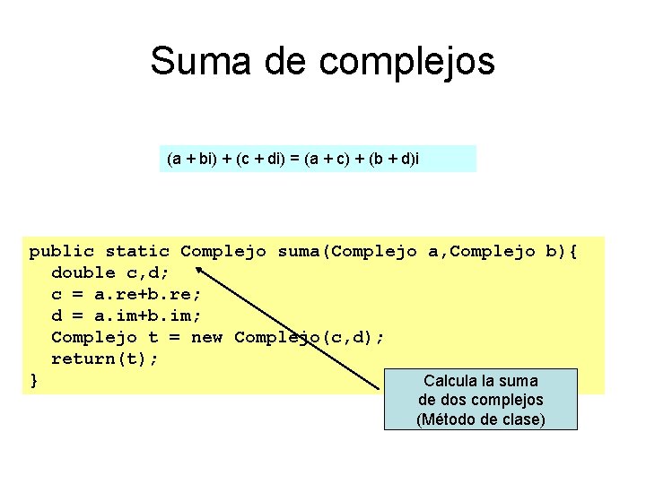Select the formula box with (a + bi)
tap(318, 159)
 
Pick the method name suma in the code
tap(300, 251)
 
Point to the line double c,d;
tap(110, 272)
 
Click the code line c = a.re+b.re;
tap(127, 294)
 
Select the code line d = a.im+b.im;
tap(127, 315)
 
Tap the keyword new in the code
tap(207, 337)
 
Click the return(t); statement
tap(105, 359)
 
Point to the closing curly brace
tap(34, 380)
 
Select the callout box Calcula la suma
tap(480, 399)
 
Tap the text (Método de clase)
tap(480, 419)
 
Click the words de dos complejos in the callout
tap(480, 400)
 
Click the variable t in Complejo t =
tap(153, 337)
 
